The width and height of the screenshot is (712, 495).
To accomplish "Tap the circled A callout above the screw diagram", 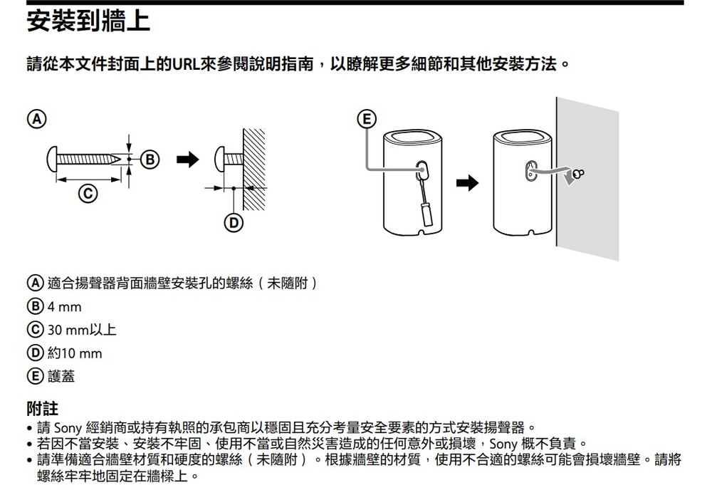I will coord(33,118).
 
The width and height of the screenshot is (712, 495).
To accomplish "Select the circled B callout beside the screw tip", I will coord(149,160).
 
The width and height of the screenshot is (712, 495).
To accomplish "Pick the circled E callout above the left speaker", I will coord(366,118).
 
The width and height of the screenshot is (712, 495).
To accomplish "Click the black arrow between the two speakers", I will coord(466,184).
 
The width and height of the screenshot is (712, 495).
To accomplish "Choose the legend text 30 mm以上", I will coord(81,330).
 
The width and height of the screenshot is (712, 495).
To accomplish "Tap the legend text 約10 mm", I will coord(74,353).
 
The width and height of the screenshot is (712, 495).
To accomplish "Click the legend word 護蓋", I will coord(61,376).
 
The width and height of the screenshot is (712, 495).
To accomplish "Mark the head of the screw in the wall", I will coord(221,159).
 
